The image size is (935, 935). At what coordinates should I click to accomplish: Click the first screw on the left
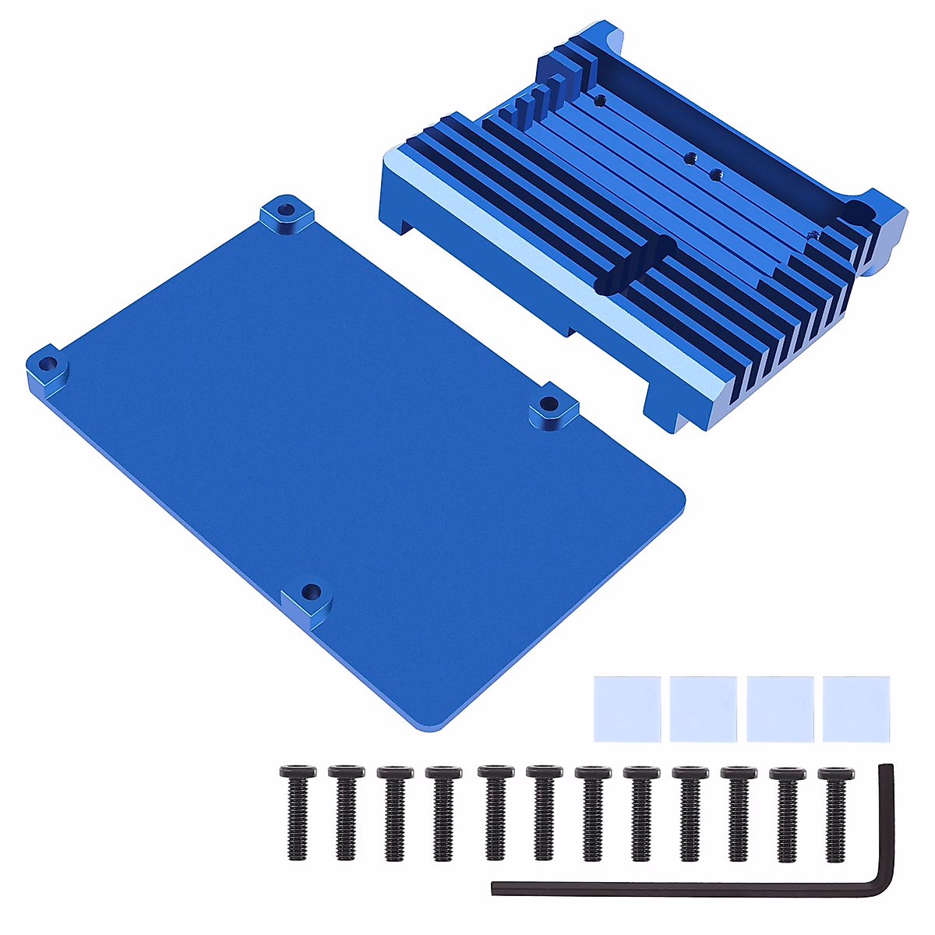click(297, 810)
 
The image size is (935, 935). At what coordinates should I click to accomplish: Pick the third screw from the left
click(395, 810)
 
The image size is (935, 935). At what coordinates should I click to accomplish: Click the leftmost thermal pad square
click(626, 708)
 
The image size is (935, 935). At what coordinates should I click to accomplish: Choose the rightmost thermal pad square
click(856, 708)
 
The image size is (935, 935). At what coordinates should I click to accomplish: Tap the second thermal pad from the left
click(703, 708)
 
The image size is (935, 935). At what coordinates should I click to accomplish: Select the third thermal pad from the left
click(779, 708)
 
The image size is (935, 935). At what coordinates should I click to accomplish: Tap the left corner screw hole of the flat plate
click(48, 364)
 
